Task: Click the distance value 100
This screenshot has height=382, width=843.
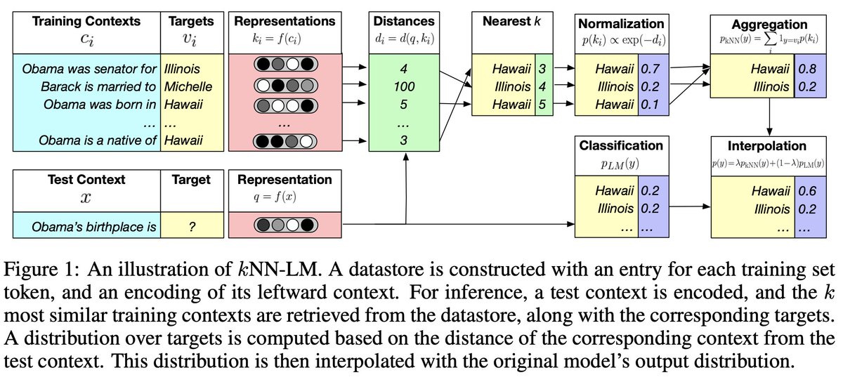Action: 403,87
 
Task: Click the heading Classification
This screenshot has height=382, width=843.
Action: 621,146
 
